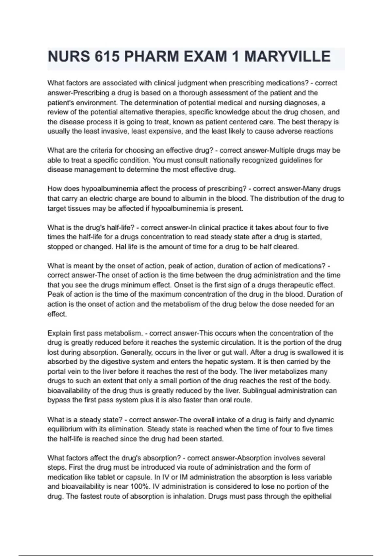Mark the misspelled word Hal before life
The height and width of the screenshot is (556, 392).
(x=121, y=247)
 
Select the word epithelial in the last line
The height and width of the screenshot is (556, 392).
(x=315, y=496)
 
